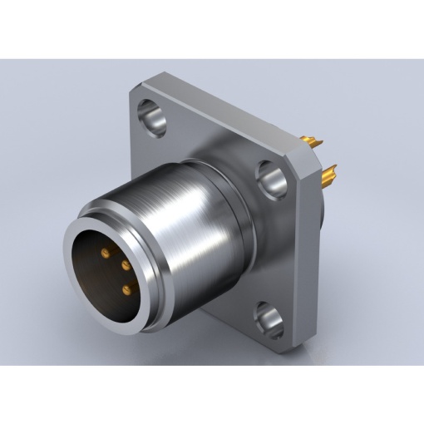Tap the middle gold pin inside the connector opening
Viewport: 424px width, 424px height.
[125, 265]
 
